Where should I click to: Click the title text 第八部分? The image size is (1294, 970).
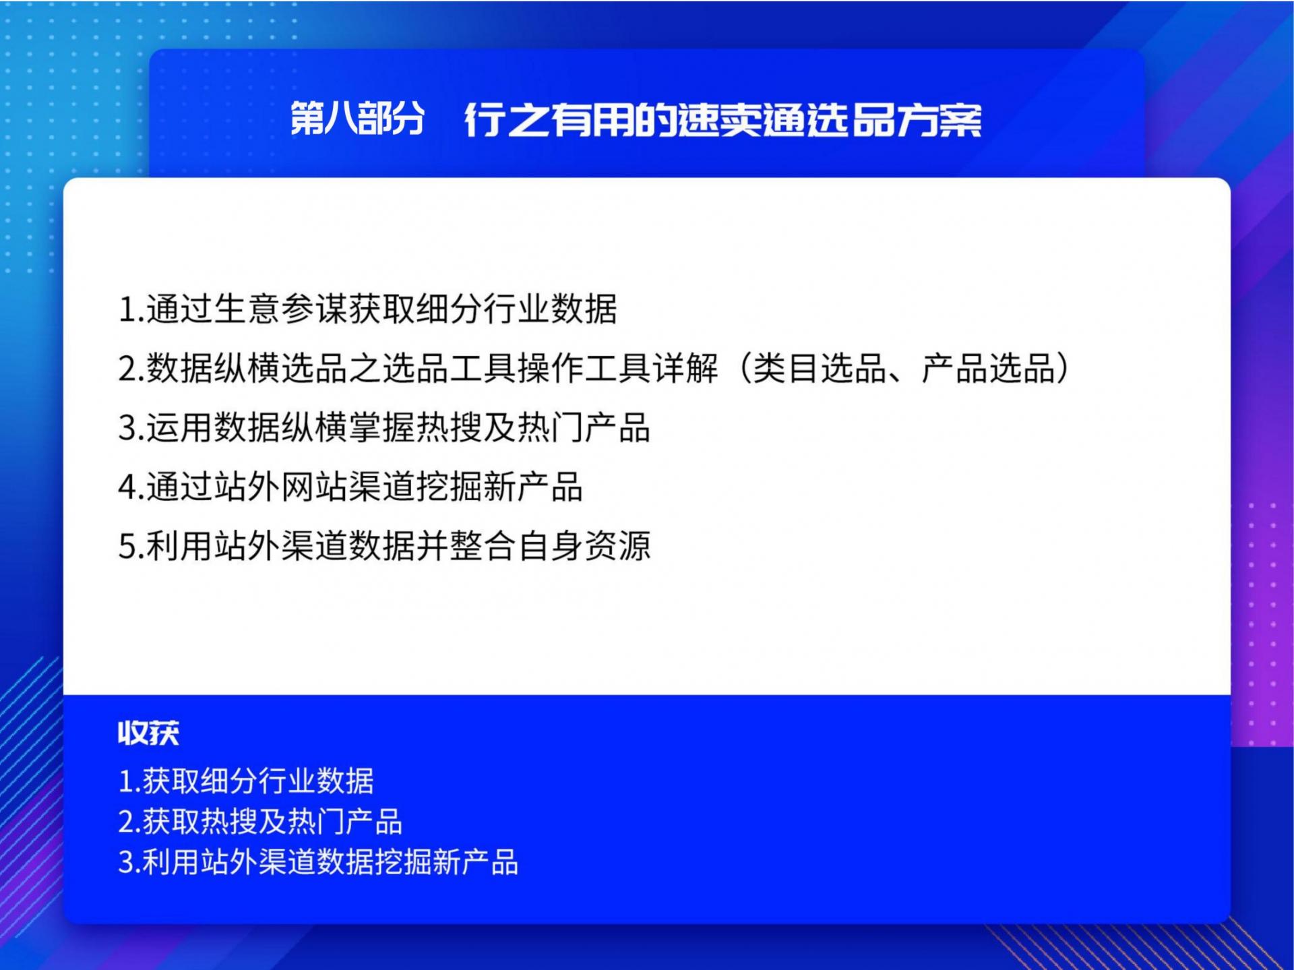357,119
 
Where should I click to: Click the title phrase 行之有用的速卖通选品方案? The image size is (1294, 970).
723,120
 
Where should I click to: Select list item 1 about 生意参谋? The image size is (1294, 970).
368,309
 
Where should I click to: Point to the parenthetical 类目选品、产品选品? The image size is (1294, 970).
904,369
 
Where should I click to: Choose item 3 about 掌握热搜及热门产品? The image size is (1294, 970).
385,427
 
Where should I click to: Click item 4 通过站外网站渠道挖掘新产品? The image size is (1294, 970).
350,487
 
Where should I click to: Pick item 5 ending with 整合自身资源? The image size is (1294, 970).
385,545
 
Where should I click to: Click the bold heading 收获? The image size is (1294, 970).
149,733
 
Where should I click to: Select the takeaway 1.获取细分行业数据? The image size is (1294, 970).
246,781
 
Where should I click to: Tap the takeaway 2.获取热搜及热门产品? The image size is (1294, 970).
260,822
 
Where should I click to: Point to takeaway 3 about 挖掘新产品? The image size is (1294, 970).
318,862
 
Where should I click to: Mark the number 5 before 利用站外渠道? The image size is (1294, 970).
127,546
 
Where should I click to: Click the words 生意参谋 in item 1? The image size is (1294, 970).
281,309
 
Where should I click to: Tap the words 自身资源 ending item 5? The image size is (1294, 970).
584,545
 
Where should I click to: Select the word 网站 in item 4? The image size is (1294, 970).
315,487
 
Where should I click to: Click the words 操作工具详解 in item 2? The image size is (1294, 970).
618,369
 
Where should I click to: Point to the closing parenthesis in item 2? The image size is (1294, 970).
1062,369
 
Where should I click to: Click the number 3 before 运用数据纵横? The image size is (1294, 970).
127,428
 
